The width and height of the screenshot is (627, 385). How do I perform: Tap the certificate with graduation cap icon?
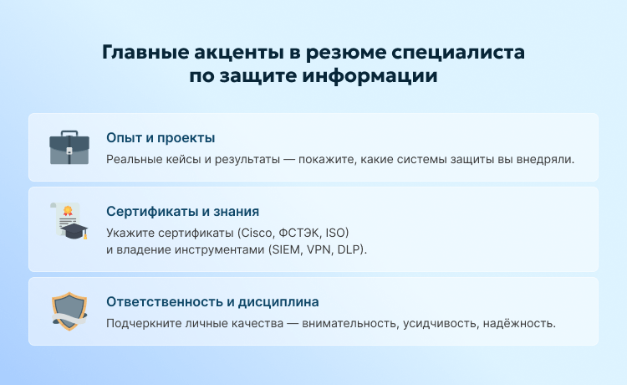coord(69,221)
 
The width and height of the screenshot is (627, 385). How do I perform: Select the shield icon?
coord(69,311)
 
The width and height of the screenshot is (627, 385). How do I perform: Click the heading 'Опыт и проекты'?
coord(161,137)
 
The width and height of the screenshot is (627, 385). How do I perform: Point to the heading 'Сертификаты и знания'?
coord(183,211)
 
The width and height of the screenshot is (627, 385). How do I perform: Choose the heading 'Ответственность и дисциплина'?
coord(212,301)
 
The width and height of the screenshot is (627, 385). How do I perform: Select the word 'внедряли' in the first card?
coord(545,159)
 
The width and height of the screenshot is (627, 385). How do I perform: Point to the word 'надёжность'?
coord(521,323)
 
